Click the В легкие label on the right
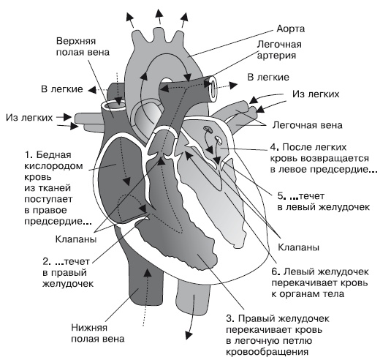pos(267,77)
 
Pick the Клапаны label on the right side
pos(297,247)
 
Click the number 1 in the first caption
pos(27,155)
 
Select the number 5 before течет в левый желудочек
pos(281,195)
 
